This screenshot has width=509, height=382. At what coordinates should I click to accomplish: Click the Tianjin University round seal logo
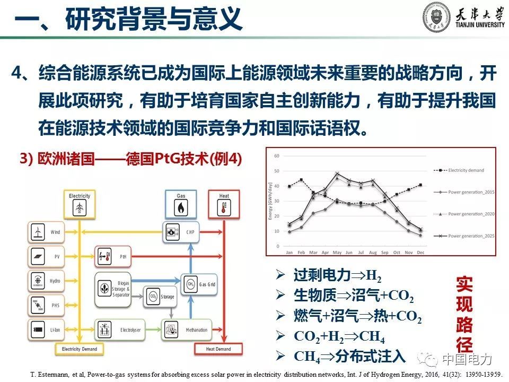(x=436, y=17)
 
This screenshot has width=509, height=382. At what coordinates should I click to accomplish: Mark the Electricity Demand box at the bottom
(x=80, y=349)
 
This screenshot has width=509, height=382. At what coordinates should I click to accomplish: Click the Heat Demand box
(x=218, y=349)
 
